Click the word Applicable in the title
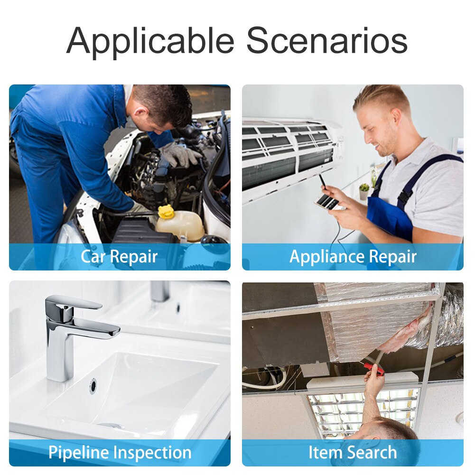coord(150,41)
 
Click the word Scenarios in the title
coord(327,40)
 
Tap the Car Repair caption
coord(119,257)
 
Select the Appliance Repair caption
coord(353,257)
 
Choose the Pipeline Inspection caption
coord(120,453)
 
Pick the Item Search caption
coord(353,452)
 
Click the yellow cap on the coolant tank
coord(166,212)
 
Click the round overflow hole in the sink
coord(93,386)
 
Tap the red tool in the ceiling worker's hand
coord(374,369)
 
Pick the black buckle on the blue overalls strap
coord(404,195)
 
